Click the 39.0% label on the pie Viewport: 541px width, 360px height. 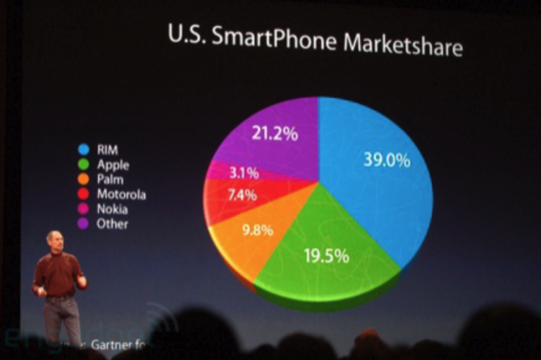(x=387, y=160)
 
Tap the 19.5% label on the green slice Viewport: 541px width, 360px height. (x=326, y=256)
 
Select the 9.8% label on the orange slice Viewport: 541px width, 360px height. (x=258, y=230)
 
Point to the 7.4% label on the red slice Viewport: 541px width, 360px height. (x=242, y=196)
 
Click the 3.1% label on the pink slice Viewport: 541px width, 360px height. (x=244, y=173)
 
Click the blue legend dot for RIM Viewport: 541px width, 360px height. (x=84, y=149)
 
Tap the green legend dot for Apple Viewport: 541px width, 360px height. (x=84, y=164)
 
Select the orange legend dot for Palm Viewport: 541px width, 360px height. (x=84, y=179)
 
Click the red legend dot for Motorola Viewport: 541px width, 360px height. (x=84, y=194)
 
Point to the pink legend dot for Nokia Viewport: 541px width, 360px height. (x=84, y=209)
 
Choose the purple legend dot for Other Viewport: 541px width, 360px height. (x=84, y=223)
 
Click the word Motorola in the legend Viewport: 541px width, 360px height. (x=121, y=194)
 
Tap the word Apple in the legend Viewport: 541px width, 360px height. (x=113, y=165)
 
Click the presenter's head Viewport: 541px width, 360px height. (x=54, y=240)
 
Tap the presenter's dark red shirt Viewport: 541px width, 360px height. (x=59, y=273)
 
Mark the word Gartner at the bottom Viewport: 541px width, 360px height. (x=112, y=345)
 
